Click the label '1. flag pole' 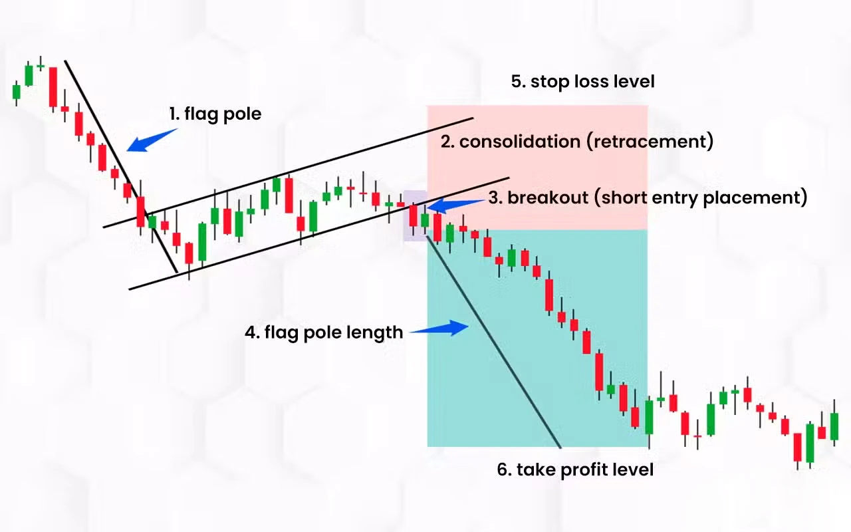(215, 114)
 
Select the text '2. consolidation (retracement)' (576, 142)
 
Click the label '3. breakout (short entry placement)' (648, 198)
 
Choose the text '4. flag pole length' (324, 332)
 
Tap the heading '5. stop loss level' (582, 81)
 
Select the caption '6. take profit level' (575, 469)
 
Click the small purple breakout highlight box (415, 215)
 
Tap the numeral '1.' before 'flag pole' (174, 114)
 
